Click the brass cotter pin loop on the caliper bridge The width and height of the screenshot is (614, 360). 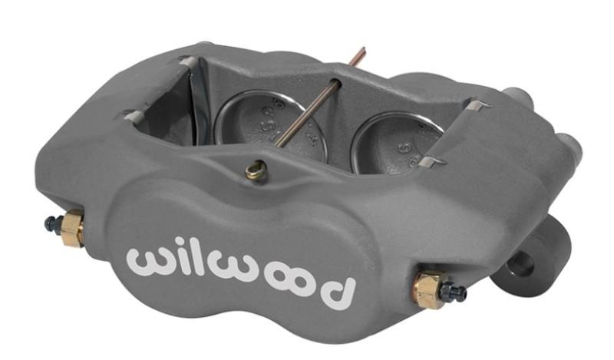pos(256,170)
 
